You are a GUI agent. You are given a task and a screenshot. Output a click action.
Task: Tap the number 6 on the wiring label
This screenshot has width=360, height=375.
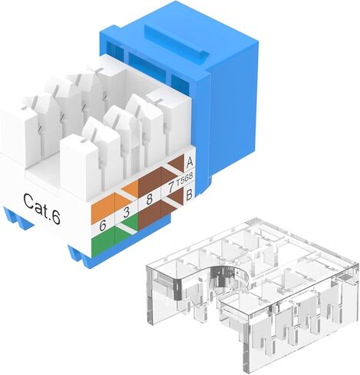coord(103,226)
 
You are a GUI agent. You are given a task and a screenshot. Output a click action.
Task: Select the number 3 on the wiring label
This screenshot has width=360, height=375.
coord(126,213)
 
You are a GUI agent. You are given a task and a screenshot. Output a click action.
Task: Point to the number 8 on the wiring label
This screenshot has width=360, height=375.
coord(150,199)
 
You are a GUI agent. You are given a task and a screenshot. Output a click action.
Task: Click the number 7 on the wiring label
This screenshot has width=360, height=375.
coord(170,187)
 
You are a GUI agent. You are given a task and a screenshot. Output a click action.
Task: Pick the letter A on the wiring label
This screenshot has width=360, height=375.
coord(190,162)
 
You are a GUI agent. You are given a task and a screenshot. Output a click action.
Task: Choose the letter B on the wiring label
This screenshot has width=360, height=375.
coord(190,195)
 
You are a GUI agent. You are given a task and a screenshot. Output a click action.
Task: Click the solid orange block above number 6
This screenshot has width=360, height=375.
coord(103,209)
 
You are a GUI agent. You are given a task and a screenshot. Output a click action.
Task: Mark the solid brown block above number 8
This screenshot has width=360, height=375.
coord(150,183)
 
